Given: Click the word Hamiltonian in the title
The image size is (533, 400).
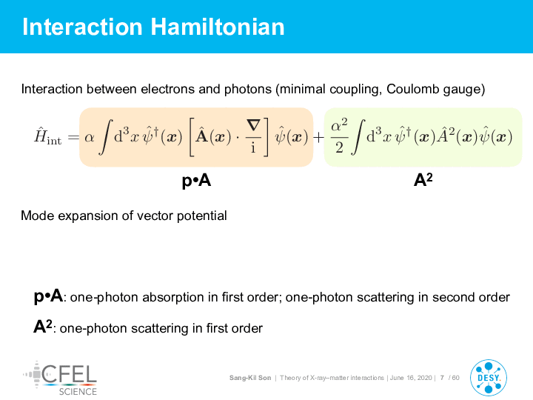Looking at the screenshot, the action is (218, 27).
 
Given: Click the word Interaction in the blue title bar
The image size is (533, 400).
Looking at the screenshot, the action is (82, 27).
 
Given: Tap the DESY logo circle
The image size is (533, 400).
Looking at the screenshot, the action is (489, 378).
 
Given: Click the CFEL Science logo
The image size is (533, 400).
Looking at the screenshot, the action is (60, 379).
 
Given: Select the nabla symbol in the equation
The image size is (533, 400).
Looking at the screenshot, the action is (254, 125).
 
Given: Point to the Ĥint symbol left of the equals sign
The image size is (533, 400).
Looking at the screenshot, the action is (48, 136).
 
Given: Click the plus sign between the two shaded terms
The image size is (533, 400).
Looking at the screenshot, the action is (318, 138).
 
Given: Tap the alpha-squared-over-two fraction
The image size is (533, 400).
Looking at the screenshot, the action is (339, 137).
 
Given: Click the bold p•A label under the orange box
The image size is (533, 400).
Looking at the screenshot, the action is (196, 180).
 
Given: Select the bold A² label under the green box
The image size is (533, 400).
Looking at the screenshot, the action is (423, 179).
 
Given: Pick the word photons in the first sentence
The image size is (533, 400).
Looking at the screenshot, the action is (248, 89).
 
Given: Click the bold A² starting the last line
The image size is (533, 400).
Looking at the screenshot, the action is (43, 327).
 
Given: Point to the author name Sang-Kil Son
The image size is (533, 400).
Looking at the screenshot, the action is (250, 378).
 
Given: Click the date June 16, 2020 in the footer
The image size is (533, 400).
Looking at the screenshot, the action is (411, 378).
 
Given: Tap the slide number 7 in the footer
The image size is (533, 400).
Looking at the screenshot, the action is (442, 378).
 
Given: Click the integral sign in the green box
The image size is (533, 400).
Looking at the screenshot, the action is (358, 137).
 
